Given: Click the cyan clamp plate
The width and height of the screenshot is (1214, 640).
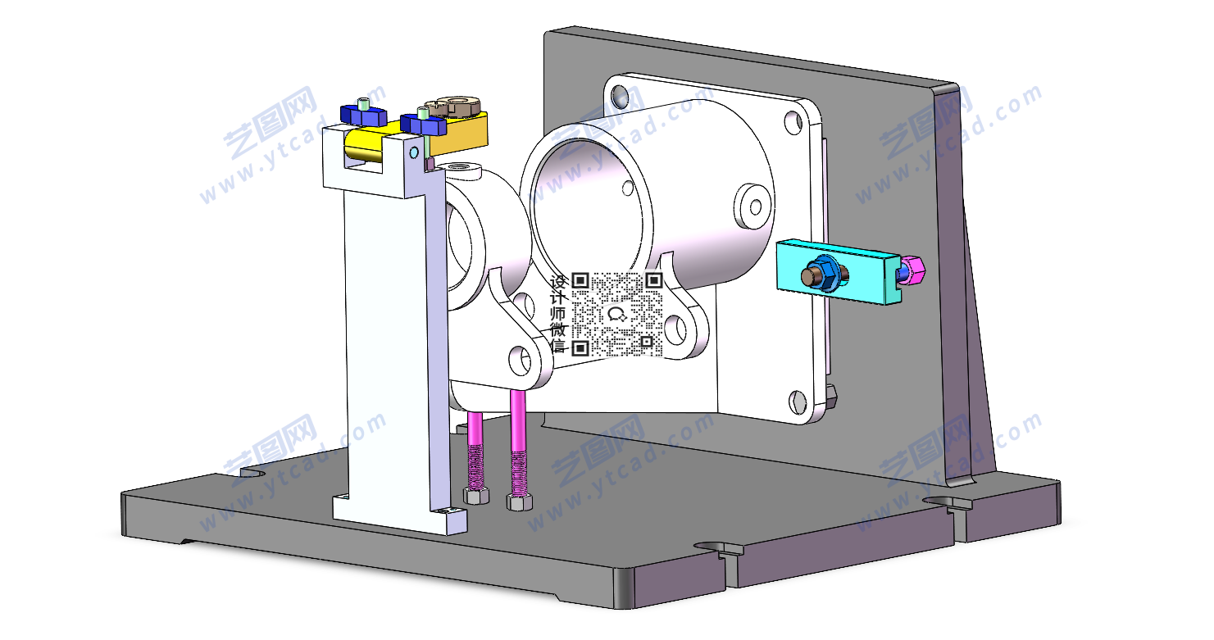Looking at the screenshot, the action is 838,273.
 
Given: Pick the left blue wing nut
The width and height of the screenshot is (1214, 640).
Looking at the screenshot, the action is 363,115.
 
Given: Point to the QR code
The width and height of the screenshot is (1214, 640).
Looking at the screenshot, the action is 618,315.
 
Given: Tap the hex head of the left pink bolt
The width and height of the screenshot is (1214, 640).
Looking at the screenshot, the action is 475,495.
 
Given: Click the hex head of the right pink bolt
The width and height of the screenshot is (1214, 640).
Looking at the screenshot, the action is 519,502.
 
